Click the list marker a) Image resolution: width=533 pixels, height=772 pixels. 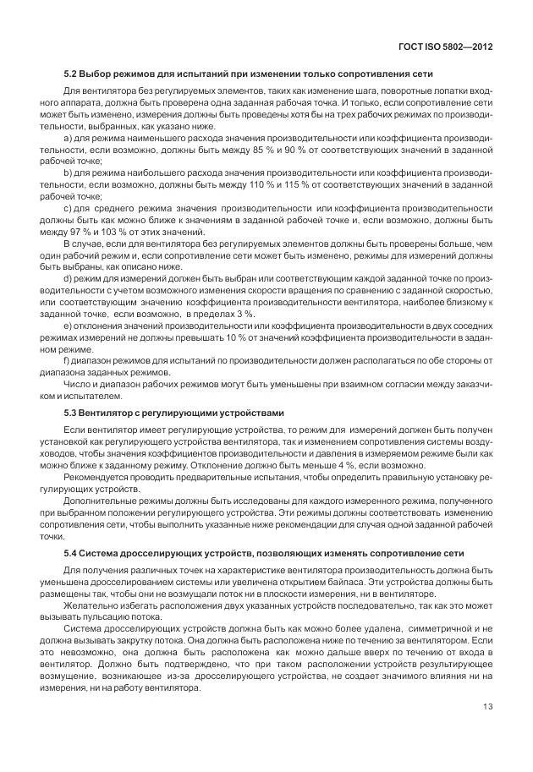pyautogui.click(x=68, y=137)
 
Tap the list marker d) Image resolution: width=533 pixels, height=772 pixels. pyautogui.click(x=68, y=277)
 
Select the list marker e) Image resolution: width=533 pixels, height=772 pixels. pyautogui.click(x=68, y=326)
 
